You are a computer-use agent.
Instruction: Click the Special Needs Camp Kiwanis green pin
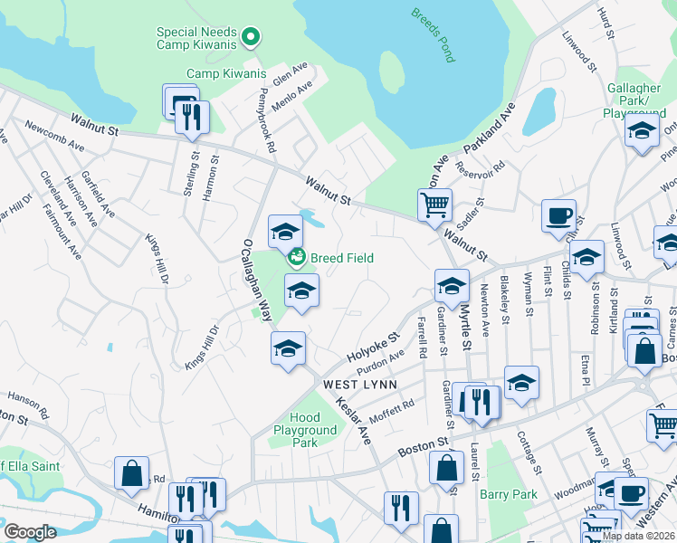[x=252, y=38]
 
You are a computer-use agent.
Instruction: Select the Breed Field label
[x=341, y=258]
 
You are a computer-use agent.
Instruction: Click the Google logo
[x=30, y=532]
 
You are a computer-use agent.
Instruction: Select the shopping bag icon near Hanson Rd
[x=131, y=473]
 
